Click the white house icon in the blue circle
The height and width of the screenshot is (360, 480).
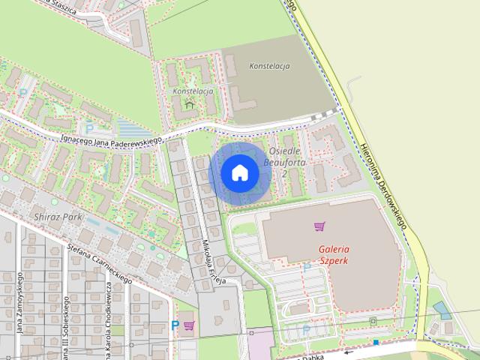click(x=239, y=173)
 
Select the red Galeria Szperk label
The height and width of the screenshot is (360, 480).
click(x=334, y=255)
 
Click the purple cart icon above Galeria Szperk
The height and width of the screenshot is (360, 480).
click(x=320, y=226)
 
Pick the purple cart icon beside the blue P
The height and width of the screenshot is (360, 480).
click(x=189, y=325)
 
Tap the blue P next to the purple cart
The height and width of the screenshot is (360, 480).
click(x=175, y=325)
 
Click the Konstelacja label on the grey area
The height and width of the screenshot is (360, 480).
click(x=268, y=66)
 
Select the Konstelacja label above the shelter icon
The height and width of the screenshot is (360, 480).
click(x=193, y=91)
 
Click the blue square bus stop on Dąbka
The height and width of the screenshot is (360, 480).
click(x=376, y=342)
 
